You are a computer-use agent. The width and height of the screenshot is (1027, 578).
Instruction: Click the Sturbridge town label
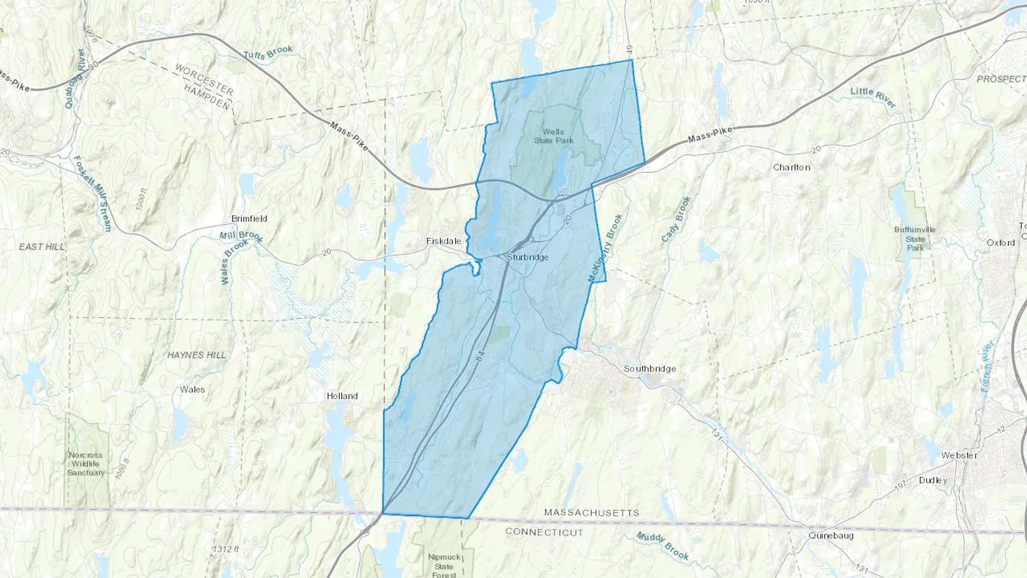click(527, 257)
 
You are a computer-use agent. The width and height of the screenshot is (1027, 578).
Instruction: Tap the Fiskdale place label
click(444, 241)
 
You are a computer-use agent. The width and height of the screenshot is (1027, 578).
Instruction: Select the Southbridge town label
click(649, 369)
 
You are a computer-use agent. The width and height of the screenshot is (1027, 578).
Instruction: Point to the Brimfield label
click(249, 219)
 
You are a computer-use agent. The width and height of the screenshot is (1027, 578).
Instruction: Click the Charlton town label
click(791, 167)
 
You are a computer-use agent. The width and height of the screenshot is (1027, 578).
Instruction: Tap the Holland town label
click(342, 396)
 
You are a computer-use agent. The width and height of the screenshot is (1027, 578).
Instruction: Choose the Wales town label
click(192, 390)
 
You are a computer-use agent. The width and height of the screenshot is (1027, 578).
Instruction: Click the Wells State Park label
click(553, 136)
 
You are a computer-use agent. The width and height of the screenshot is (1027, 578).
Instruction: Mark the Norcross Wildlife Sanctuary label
click(86, 463)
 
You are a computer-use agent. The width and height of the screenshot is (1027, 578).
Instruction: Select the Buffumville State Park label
click(915, 239)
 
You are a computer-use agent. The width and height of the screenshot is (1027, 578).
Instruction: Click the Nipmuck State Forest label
click(444, 565)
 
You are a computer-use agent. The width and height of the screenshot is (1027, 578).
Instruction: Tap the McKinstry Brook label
click(605, 248)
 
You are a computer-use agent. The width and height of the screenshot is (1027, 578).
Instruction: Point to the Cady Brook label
click(677, 219)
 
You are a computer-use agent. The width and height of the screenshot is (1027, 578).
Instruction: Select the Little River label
click(873, 98)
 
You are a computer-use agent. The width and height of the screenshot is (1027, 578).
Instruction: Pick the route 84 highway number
click(480, 356)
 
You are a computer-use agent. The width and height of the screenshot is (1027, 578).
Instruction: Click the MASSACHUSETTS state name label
click(592, 513)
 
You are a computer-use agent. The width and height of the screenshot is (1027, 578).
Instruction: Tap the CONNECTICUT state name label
click(544, 532)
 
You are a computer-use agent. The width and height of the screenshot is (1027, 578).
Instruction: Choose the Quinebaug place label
click(831, 536)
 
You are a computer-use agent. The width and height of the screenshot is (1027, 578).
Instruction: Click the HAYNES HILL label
click(196, 355)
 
